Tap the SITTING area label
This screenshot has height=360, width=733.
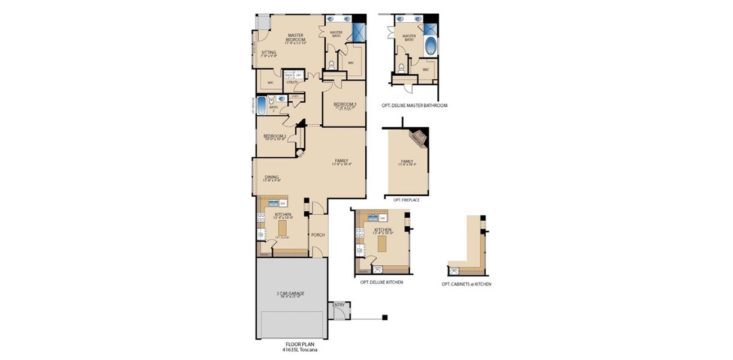pos(268,53)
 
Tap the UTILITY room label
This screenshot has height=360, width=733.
pos(292,82)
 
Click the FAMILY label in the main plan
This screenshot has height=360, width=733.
pos(341,161)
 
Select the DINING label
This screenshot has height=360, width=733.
pos(272,177)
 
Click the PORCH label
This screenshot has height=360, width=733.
pos(318,235)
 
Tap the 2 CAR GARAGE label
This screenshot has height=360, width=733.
pos(290,293)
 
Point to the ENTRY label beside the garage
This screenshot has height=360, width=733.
pos(338,305)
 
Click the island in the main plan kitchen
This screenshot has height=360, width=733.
pos(282,228)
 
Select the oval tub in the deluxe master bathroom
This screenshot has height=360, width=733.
pos(430,46)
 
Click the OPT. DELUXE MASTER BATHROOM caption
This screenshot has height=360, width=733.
pos(414,105)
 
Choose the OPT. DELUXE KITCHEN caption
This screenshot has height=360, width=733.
pos(381,281)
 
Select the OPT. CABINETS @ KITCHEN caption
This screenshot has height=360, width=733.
pos(466,284)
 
